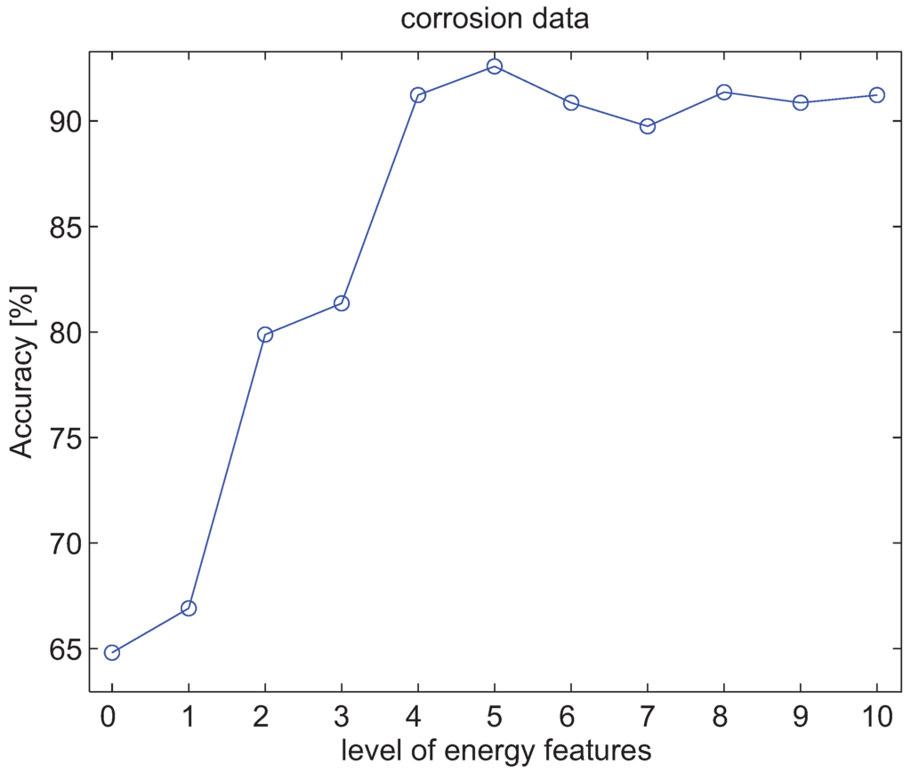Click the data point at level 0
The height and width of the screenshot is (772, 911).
(111, 653)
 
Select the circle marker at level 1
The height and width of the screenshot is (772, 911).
(188, 608)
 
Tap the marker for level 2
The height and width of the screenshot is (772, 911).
(264, 334)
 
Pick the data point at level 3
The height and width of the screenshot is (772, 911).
(341, 303)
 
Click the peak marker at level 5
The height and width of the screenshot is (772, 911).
(495, 66)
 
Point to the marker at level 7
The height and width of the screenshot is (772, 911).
(648, 126)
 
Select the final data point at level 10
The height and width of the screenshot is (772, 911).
(876, 95)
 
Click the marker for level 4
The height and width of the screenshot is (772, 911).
(417, 95)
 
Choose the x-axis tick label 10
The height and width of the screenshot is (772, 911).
(876, 716)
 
